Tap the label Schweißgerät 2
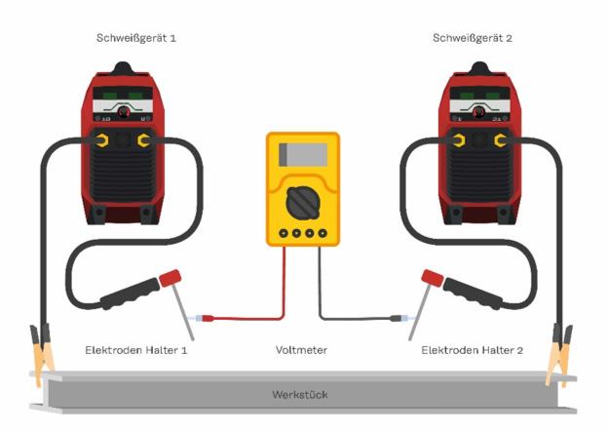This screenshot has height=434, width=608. point(472,37)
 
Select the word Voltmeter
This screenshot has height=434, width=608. point(302,349)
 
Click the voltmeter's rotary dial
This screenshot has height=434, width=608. point(303,203)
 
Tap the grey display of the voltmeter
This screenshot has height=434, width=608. point(303,155)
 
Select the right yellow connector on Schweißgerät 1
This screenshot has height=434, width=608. point(144,140)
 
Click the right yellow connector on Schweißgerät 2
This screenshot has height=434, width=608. point(500,140)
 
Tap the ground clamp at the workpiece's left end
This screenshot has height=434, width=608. point(42,353)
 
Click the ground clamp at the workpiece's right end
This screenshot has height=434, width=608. point(562,353)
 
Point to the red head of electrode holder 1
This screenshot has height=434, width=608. point(175,279)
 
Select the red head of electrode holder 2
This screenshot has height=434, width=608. point(430,279)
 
